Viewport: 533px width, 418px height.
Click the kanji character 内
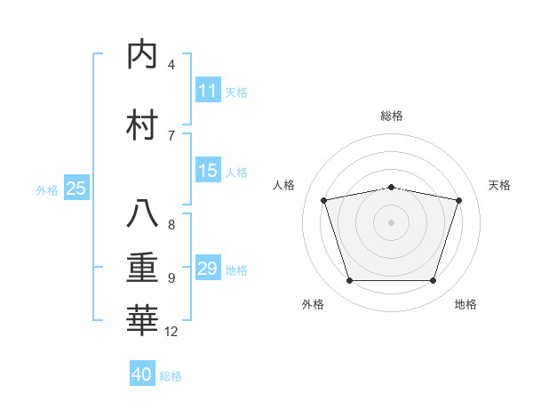[143, 55]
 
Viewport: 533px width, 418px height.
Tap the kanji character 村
[143, 125]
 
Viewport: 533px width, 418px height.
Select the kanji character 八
[143, 214]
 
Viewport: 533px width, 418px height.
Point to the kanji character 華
[143, 319]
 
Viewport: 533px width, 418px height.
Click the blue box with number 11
[208, 91]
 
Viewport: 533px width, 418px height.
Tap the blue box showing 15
[208, 171]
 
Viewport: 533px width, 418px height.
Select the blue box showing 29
[208, 269]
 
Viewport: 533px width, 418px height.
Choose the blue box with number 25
[76, 189]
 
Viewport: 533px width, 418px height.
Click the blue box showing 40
[142, 374]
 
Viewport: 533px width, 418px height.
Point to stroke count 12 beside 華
[171, 332]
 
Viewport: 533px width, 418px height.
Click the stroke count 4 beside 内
[171, 65]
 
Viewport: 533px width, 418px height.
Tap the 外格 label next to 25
[47, 189]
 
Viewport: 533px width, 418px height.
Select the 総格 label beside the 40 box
[171, 376]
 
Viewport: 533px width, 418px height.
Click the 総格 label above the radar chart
[392, 116]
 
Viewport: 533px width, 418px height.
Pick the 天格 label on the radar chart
[499, 185]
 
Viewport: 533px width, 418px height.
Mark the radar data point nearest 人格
[324, 200]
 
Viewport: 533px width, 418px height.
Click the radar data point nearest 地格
[433, 281]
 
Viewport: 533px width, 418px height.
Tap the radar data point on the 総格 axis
[392, 187]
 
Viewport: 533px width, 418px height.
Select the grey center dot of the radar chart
[392, 222]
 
